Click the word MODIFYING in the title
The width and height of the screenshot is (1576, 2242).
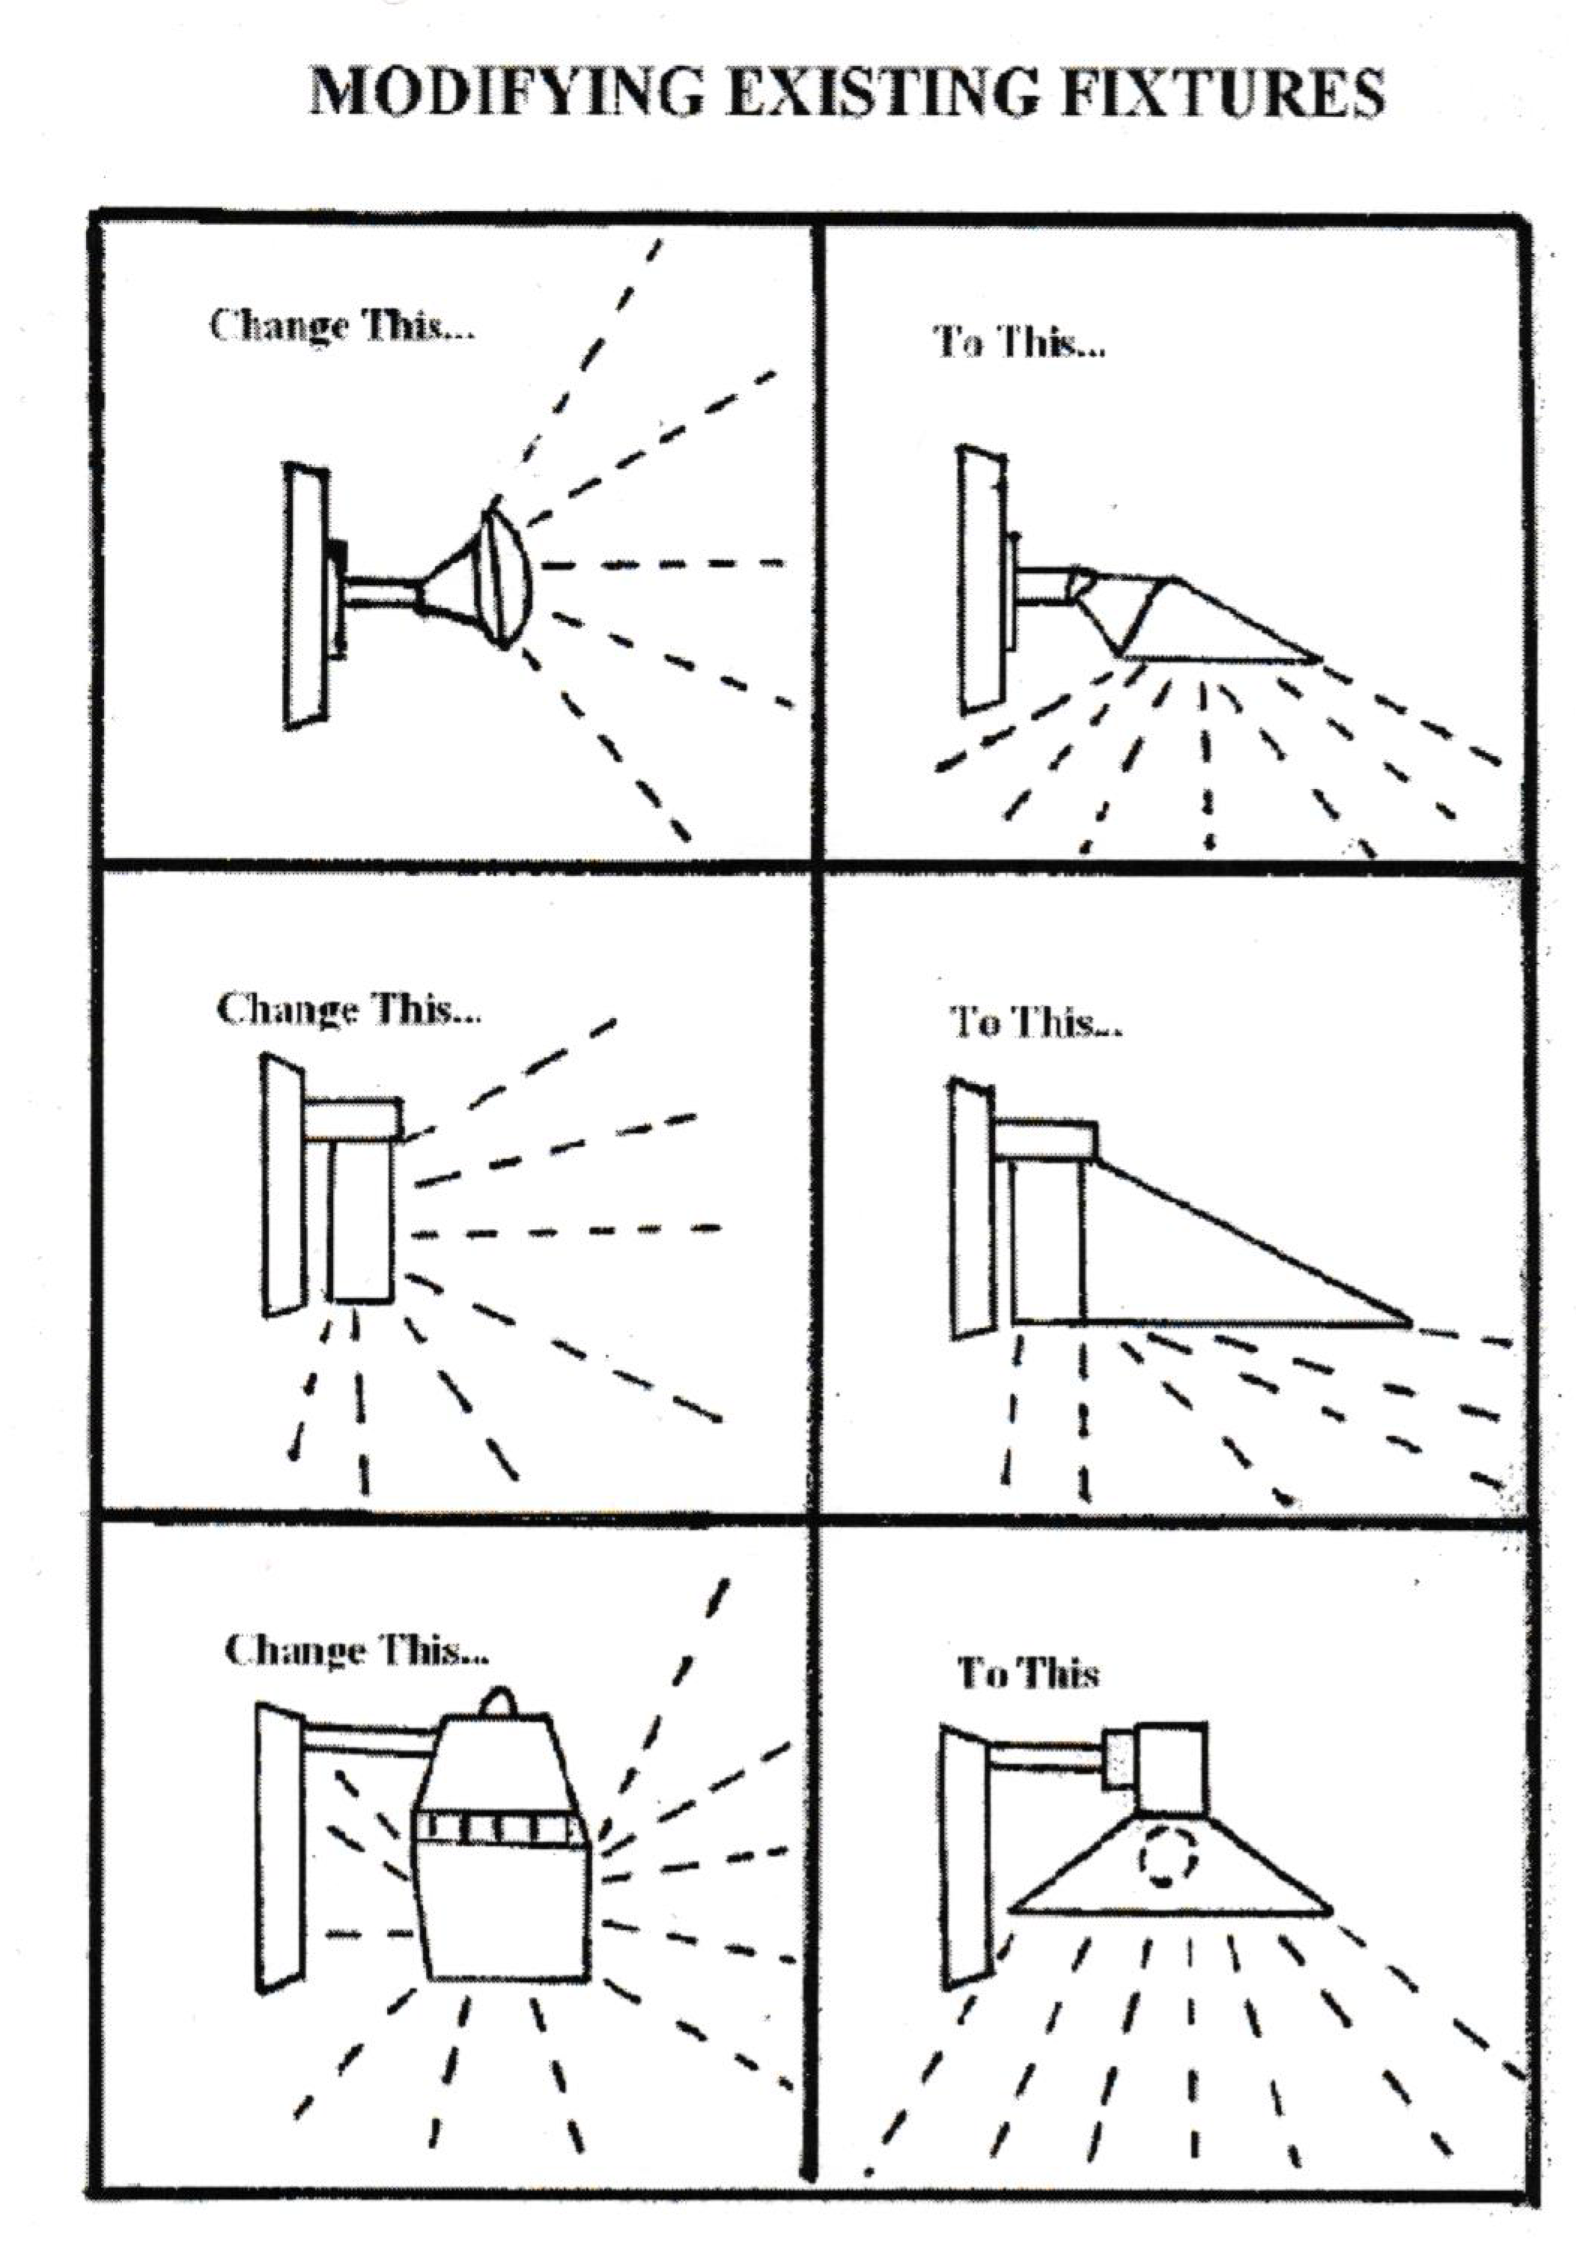[507, 94]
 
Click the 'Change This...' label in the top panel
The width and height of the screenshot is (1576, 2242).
[341, 325]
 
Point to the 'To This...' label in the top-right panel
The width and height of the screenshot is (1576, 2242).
[1018, 343]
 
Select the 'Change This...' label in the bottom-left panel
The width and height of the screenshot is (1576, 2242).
[356, 1651]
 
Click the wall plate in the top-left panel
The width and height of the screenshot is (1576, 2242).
[305, 596]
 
